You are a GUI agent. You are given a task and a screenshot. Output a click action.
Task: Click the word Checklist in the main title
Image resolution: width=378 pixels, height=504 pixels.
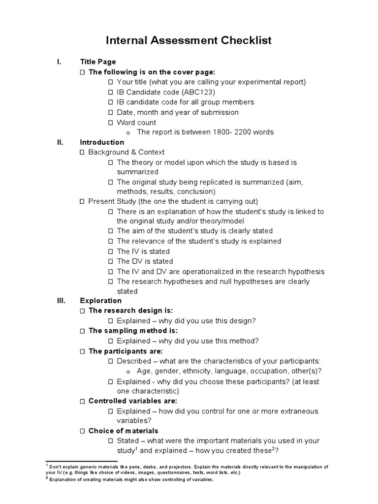click(x=243, y=40)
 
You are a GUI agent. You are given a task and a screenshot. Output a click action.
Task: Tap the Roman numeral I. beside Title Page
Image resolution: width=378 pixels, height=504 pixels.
click(x=59, y=62)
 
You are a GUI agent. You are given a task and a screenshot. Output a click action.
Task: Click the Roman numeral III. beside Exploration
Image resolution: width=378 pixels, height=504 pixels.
click(x=61, y=301)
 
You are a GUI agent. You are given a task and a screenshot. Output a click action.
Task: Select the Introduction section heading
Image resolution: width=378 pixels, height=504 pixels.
click(x=102, y=142)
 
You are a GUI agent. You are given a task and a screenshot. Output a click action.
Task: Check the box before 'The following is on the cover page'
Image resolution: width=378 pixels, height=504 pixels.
click(x=83, y=72)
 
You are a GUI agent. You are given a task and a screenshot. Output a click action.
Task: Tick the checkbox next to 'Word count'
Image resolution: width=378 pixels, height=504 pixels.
click(x=111, y=123)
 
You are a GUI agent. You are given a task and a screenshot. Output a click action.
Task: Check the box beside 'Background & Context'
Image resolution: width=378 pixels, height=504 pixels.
click(x=83, y=153)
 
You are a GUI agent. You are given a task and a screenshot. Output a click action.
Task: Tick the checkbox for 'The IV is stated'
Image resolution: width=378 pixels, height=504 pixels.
click(x=111, y=252)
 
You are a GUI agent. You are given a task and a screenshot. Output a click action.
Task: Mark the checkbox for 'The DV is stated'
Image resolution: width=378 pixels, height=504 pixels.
click(x=111, y=261)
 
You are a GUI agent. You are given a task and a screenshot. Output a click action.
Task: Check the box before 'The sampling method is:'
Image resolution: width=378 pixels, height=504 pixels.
click(x=83, y=331)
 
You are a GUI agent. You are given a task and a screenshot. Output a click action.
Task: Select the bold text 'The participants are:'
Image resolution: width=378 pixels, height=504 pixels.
click(x=126, y=351)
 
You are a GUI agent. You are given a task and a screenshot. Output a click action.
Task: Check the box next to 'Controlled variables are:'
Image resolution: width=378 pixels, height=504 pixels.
click(x=83, y=401)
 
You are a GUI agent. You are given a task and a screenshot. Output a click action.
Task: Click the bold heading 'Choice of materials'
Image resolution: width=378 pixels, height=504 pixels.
click(x=123, y=431)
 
